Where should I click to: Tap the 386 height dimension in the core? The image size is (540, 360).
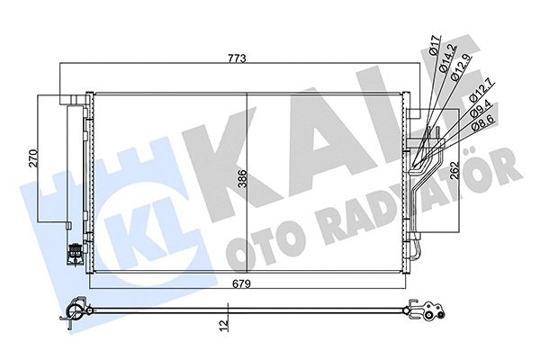pyautogui.click(x=240, y=180)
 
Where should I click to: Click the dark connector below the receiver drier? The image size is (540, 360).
pyautogui.click(x=73, y=253)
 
